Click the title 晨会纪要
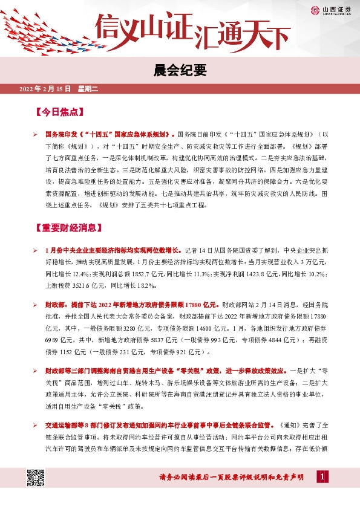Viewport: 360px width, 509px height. (180, 70)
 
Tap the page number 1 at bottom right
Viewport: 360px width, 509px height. (324, 478)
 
